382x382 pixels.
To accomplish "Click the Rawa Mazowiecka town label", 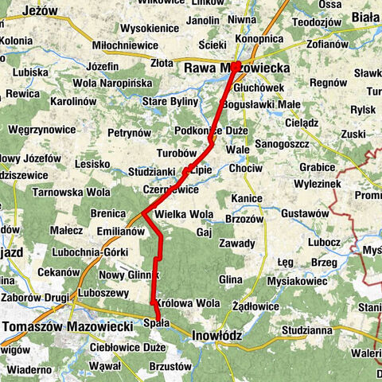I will [x=236, y=68].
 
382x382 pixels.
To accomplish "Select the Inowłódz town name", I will [x=216, y=336].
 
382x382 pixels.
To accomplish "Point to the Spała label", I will [x=157, y=322].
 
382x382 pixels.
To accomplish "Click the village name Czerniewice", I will [x=171, y=190].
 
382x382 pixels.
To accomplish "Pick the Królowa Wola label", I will [x=189, y=303].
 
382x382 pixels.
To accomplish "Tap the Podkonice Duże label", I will [x=211, y=131].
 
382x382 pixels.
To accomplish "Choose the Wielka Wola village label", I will [x=184, y=214].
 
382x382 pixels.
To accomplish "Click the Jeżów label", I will [x=41, y=11].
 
